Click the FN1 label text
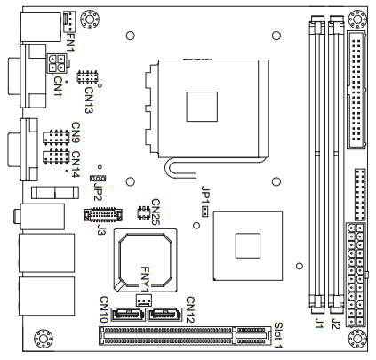(x=71, y=42)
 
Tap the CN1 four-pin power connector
(x=56, y=63)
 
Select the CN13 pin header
(x=87, y=77)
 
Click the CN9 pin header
(x=56, y=137)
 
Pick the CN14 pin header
(x=56, y=156)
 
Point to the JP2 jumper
(x=98, y=178)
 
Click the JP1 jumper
(x=204, y=212)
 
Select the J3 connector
(x=103, y=214)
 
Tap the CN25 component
(x=143, y=213)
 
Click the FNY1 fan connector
(x=143, y=300)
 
